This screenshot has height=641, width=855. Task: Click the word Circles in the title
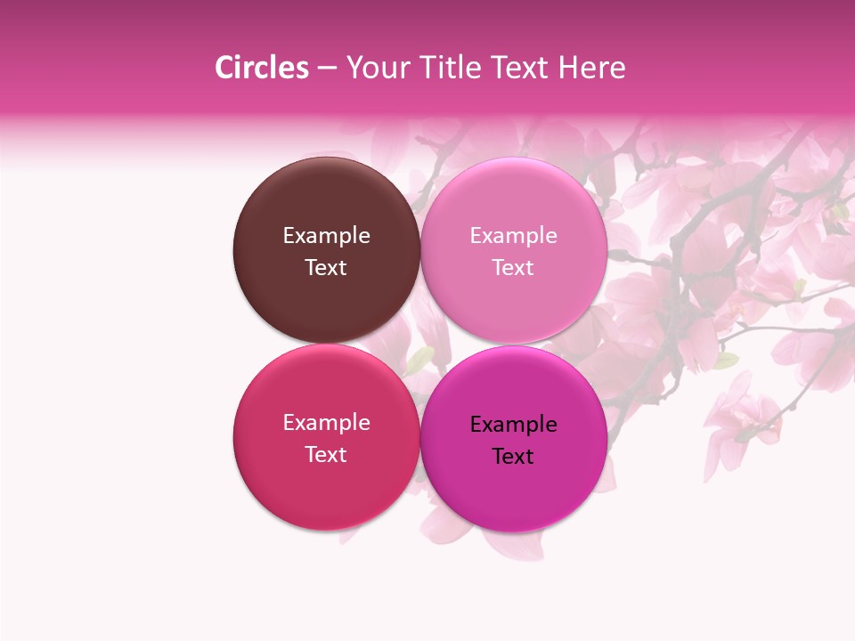pyautogui.click(x=262, y=68)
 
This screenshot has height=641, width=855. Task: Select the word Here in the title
pyautogui.click(x=591, y=68)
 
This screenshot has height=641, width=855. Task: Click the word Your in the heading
pyautogui.click(x=378, y=68)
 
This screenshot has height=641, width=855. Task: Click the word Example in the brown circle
pyautogui.click(x=326, y=236)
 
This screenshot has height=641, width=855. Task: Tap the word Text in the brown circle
pyautogui.click(x=326, y=267)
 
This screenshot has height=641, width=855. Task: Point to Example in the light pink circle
pyautogui.click(x=514, y=236)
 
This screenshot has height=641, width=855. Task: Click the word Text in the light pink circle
pyautogui.click(x=514, y=267)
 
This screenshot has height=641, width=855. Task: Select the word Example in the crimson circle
pyautogui.click(x=326, y=423)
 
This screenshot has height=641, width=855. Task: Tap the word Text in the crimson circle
pyautogui.click(x=326, y=454)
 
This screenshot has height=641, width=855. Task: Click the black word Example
pyautogui.click(x=514, y=425)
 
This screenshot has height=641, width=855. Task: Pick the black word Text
pyautogui.click(x=514, y=456)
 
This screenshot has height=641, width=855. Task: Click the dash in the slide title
pyautogui.click(x=327, y=69)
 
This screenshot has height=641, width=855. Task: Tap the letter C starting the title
pyautogui.click(x=224, y=68)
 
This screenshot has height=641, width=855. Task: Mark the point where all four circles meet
pyautogui.click(x=420, y=344)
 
